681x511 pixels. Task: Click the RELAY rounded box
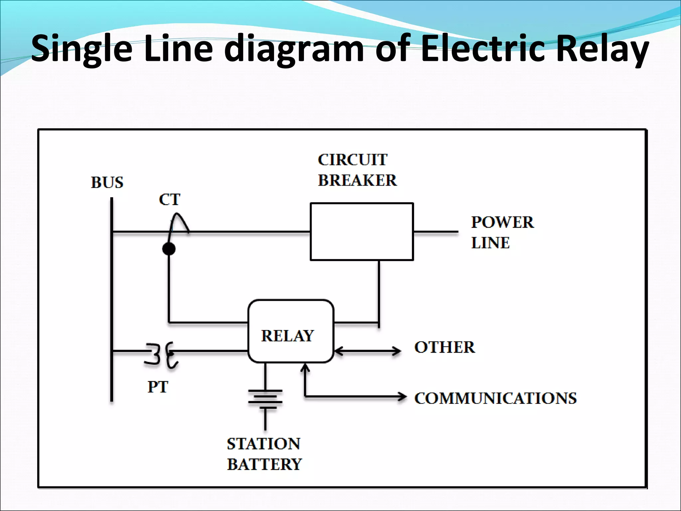pyautogui.click(x=291, y=331)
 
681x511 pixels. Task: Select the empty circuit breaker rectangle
pyautogui.click(x=361, y=232)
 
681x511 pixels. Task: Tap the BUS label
pyautogui.click(x=107, y=183)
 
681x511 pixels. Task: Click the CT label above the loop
pyautogui.click(x=169, y=200)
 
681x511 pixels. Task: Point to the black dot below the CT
pyautogui.click(x=169, y=249)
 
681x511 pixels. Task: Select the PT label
pyautogui.click(x=158, y=387)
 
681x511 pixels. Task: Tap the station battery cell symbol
pyautogui.click(x=265, y=399)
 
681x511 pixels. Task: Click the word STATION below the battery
pyautogui.click(x=263, y=444)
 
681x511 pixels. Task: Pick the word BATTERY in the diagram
pyautogui.click(x=264, y=464)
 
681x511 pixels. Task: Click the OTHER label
pyautogui.click(x=444, y=347)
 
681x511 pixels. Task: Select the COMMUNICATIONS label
pyautogui.click(x=495, y=398)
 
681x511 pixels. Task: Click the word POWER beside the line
pyautogui.click(x=502, y=222)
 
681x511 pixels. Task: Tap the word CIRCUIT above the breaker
pyautogui.click(x=352, y=160)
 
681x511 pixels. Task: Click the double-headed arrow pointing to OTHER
pyautogui.click(x=367, y=351)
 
